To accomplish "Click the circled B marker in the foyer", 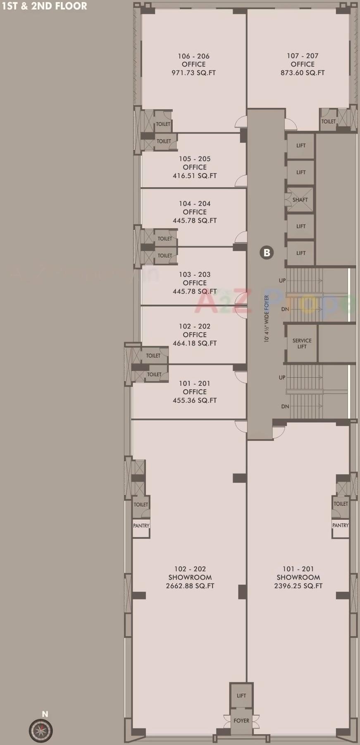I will pos(267,252).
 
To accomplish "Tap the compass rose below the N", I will pos(41,730).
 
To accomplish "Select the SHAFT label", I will pos(300,200).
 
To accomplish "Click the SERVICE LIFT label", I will pos(302,343).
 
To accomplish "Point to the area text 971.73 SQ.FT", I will pos(193,73).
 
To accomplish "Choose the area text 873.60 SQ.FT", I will pos(303,73).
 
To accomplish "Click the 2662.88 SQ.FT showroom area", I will pos(190,586).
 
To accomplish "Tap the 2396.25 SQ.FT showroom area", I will pos(298,586).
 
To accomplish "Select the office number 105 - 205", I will pos(195,159).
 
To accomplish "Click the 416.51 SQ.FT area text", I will pos(195,176).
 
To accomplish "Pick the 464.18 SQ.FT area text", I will pos(195,343).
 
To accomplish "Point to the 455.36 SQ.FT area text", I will pos(195,400).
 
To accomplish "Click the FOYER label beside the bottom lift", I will pos(241,720).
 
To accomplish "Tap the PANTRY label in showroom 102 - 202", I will pos(141,526).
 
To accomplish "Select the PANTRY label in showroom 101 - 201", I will pos(340,525).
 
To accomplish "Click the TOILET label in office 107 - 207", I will pos(329,121).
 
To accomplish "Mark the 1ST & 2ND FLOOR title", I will pos(44,6).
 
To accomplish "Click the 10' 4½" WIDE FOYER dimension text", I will pos(267,319).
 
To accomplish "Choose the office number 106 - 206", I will pos(193,56).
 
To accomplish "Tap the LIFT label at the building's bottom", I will pos(241,695).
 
